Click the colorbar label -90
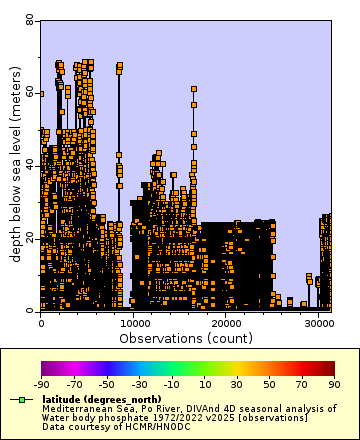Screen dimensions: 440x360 click(x=42, y=383)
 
